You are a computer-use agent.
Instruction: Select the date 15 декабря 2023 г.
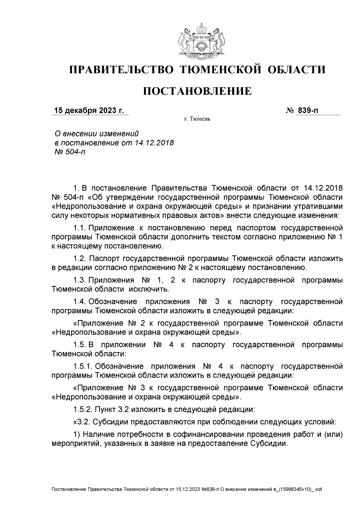point(88,111)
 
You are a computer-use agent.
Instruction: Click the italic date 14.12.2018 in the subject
point(154,142)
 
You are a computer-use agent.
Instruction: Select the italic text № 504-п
point(69,152)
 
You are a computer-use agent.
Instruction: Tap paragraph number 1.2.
point(80,259)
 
